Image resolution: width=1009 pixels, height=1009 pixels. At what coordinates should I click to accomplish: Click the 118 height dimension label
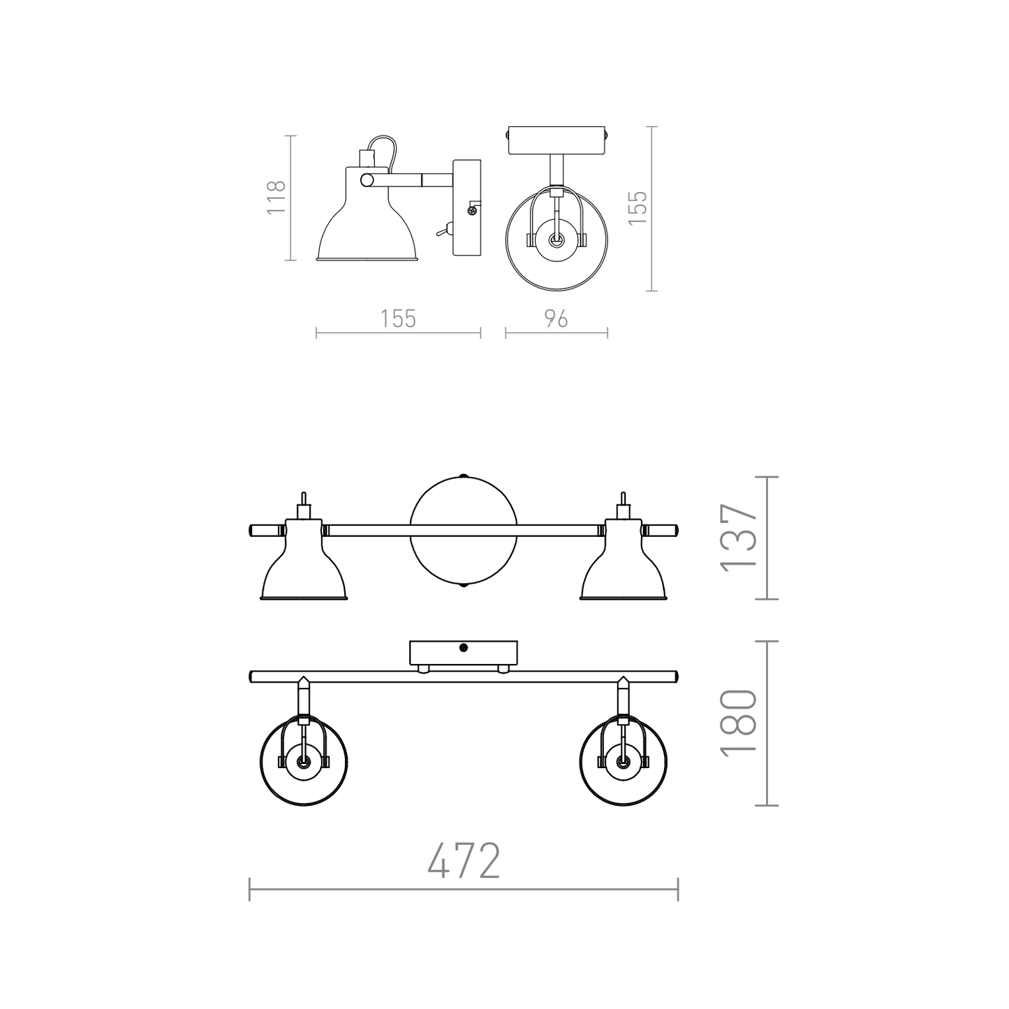276,197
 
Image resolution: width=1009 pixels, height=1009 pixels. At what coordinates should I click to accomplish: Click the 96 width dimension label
556,319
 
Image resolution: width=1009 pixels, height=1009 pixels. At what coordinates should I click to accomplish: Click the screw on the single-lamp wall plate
472,210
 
